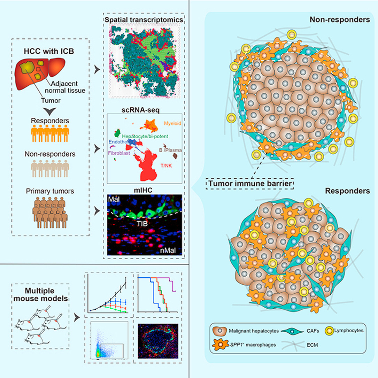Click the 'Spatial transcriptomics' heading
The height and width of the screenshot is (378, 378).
coord(144,20)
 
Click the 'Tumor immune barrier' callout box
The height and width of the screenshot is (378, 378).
coord(249,183)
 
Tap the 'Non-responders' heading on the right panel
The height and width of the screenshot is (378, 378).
coord(340,20)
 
